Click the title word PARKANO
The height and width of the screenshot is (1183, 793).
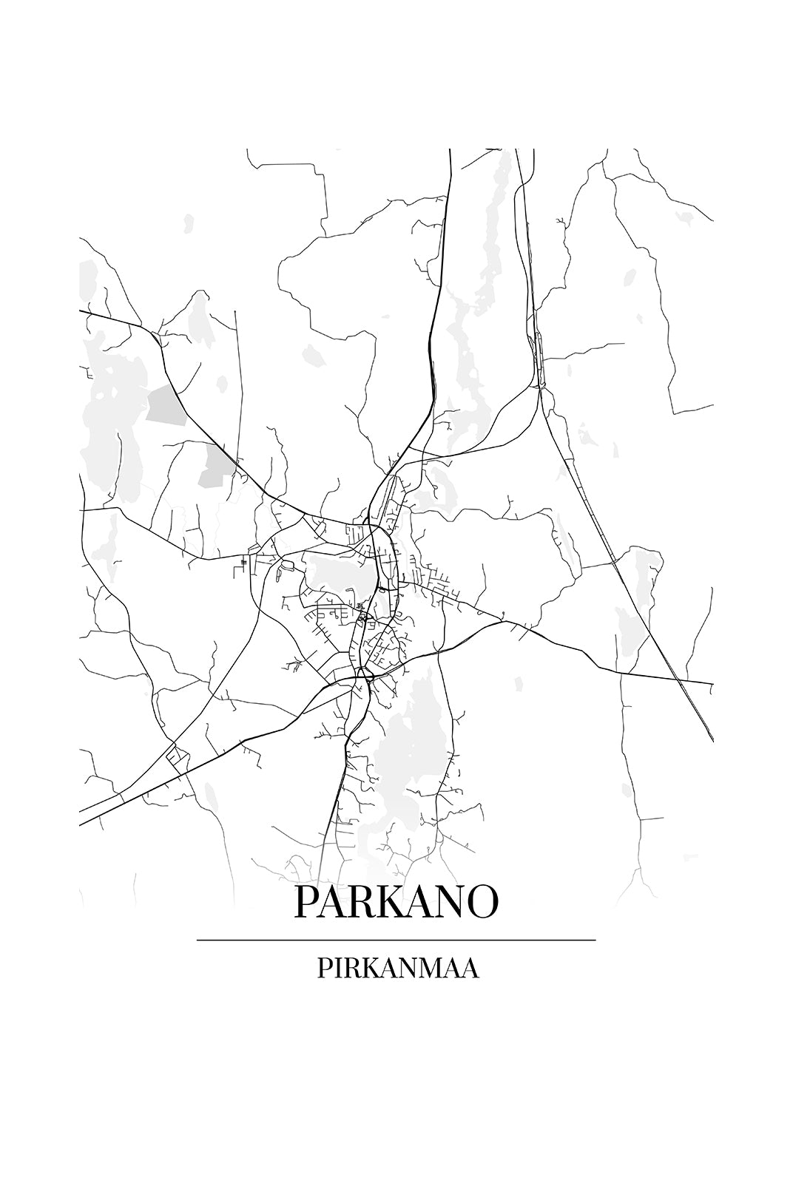[396, 901]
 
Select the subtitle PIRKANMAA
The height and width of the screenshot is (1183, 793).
[398, 968]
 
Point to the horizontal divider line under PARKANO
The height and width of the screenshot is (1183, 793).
[396, 940]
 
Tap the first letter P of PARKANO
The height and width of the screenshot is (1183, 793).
[307, 901]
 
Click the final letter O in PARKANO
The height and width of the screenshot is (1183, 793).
[482, 901]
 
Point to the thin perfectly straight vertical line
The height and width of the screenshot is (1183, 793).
[237, 384]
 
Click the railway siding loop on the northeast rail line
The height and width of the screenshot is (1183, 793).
[539, 359]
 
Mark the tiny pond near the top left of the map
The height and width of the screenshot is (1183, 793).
[188, 221]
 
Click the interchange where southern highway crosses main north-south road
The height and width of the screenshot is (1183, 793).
[362, 674]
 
